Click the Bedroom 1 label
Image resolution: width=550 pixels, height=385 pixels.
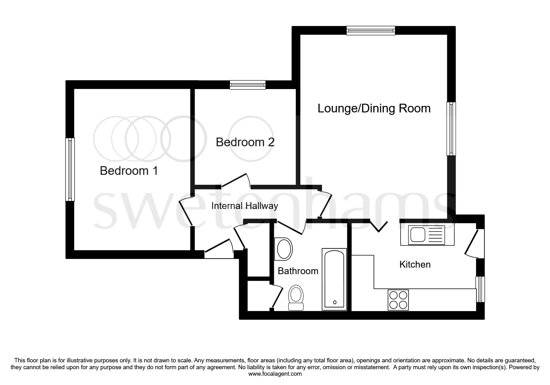tap(129, 171)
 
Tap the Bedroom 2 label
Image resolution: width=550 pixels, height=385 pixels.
tap(245, 142)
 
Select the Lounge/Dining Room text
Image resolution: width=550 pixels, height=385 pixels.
tap(374, 108)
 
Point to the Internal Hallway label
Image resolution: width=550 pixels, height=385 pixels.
tap(244, 206)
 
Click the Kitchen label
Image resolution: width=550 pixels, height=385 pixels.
tap(415, 265)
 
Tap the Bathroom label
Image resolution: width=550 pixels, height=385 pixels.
tap(298, 271)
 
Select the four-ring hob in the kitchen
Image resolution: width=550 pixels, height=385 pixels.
tap(398, 300)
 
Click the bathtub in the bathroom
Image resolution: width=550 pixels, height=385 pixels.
tap(334, 279)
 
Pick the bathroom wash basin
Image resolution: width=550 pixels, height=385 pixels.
tap(284, 249)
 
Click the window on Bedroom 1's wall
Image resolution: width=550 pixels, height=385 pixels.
tap(70, 170)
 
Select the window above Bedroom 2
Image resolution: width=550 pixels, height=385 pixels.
tap(248, 85)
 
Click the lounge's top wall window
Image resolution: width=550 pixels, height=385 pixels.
tap(371, 30)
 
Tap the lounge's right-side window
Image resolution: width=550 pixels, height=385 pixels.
tap(451, 129)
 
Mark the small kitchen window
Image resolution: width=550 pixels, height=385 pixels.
tap(480, 289)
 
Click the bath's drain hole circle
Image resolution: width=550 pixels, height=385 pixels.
tap(334, 302)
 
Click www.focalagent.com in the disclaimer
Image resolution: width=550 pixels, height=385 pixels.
tap(275, 374)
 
